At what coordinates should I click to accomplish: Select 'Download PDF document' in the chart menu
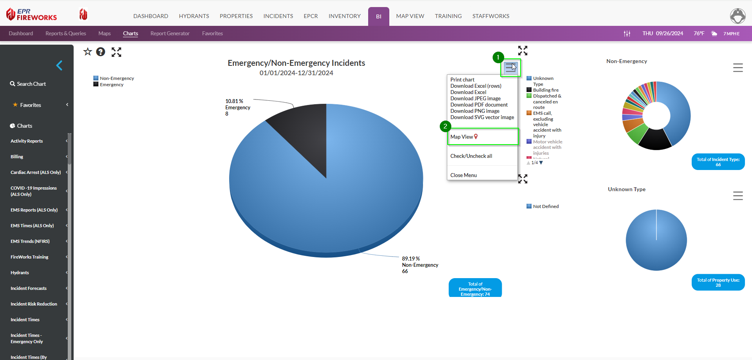coord(479,105)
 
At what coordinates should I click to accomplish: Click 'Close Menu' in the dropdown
coord(463,175)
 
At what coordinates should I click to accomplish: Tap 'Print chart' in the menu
coord(462,80)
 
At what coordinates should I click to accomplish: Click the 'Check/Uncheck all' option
coord(471,156)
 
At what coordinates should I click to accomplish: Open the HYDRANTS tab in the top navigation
coord(194,16)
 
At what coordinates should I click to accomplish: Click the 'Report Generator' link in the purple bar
coord(170,34)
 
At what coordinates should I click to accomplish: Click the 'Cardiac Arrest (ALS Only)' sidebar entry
coord(36,172)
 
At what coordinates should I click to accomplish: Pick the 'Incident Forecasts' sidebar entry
coord(29,288)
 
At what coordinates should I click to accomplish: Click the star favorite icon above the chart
coord(87,52)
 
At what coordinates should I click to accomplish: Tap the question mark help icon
coord(101,52)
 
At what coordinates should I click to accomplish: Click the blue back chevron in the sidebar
coord(60,65)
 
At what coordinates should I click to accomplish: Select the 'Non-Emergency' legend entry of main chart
coord(116,78)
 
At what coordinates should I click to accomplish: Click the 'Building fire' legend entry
coord(545,90)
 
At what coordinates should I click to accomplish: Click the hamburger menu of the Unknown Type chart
coord(738,195)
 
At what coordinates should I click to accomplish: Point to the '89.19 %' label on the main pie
coord(410,259)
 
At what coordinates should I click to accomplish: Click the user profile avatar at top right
coord(738,16)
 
